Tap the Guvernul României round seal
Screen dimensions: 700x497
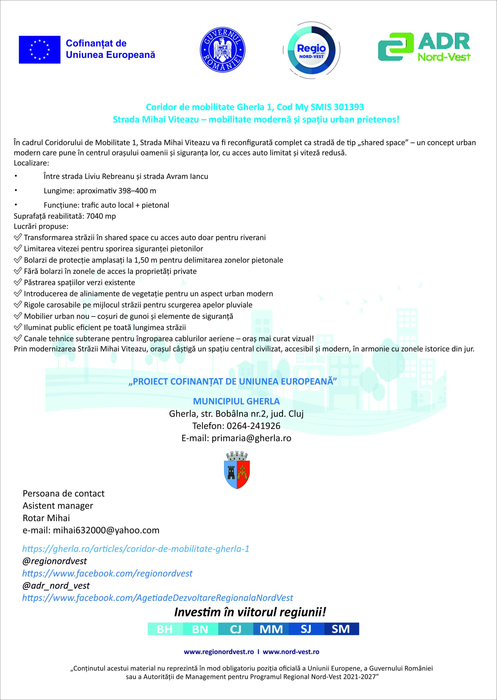tap(222, 49)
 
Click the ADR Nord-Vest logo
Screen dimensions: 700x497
tap(424, 47)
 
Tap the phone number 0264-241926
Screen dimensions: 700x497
tap(253, 426)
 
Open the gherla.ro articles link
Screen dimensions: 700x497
tap(136, 549)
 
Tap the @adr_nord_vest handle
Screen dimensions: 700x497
tap(56, 585)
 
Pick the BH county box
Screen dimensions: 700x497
tap(165, 629)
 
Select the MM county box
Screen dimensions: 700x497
tap(271, 629)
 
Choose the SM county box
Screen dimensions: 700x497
tap(341, 629)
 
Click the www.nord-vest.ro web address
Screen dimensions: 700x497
tap(291, 652)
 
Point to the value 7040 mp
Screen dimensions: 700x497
tap(101, 216)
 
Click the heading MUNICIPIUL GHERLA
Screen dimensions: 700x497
tap(236, 401)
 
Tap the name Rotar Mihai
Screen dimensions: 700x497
tap(46, 518)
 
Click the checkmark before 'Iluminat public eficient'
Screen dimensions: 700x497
tap(18, 327)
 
